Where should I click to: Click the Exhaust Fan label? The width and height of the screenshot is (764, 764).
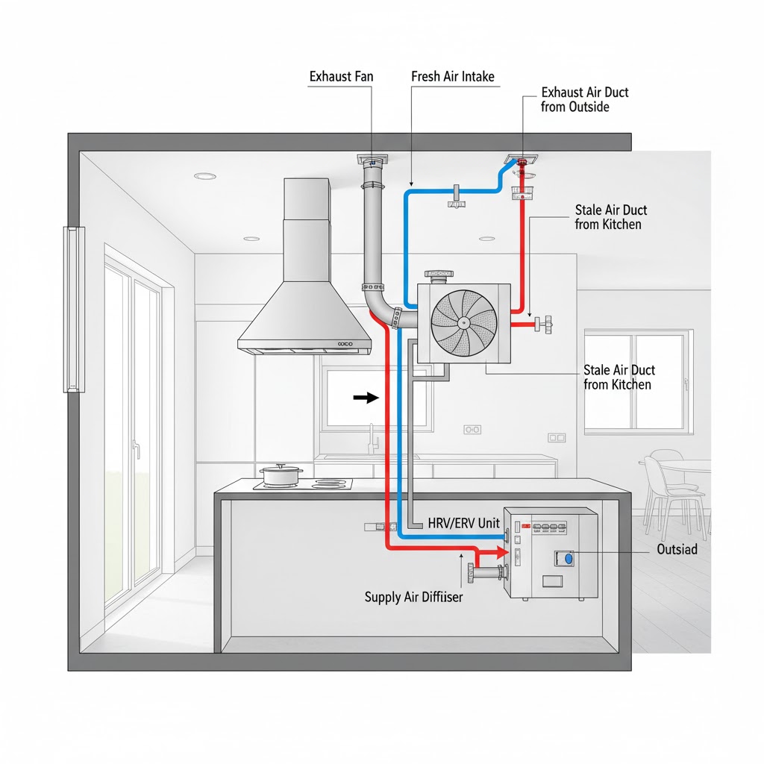tap(341, 77)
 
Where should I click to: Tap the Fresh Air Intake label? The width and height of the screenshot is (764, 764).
tap(453, 77)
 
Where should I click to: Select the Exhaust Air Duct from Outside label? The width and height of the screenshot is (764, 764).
tap(584, 99)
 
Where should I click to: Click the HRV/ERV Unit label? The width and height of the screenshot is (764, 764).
tap(463, 524)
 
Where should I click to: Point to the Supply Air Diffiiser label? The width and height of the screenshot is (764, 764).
tap(413, 597)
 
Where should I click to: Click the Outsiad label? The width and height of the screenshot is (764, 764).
tap(677, 549)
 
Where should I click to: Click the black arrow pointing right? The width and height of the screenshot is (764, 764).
tap(366, 398)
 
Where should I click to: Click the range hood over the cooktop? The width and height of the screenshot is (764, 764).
tap(304, 298)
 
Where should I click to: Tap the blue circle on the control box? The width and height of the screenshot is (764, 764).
tap(568, 557)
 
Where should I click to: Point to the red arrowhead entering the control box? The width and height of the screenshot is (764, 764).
tap(492, 554)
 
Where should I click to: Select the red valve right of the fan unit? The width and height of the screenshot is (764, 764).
tap(548, 323)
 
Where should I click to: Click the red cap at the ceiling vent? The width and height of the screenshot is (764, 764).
tap(522, 162)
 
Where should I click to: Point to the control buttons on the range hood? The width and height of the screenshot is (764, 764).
tap(345, 344)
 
